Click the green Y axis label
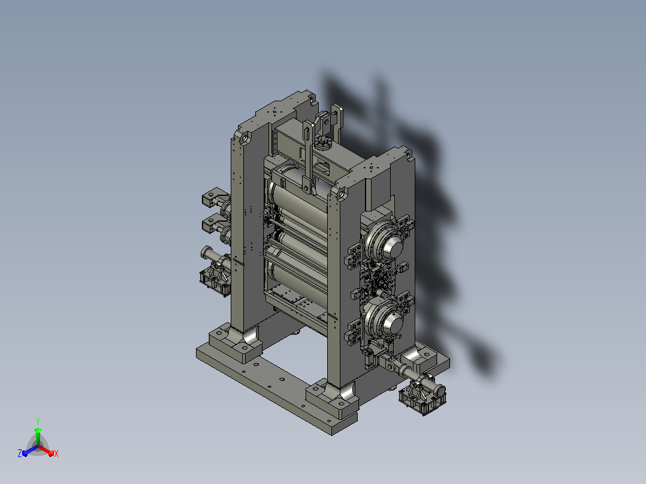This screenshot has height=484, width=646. (x=38, y=421)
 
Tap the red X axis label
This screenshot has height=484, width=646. (x=56, y=453)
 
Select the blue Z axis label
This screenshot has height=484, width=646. (x=20, y=453)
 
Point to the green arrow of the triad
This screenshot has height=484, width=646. (x=38, y=436)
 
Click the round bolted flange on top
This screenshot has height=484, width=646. (x=322, y=144)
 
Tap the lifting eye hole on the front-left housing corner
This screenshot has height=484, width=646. (x=244, y=139)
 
